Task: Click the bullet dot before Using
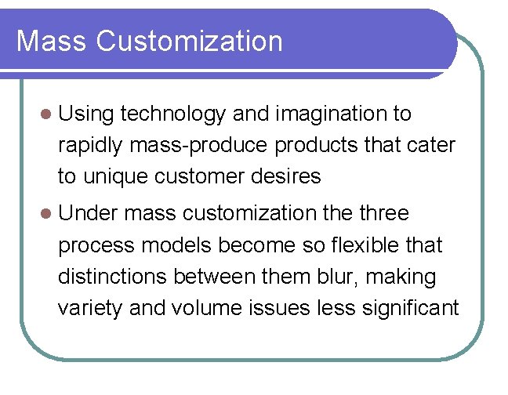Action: tap(46, 114)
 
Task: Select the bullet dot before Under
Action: tap(46, 214)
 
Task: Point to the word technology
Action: tap(174, 114)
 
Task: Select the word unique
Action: tap(111, 177)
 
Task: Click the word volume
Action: tap(201, 308)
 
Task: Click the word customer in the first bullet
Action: tap(198, 177)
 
